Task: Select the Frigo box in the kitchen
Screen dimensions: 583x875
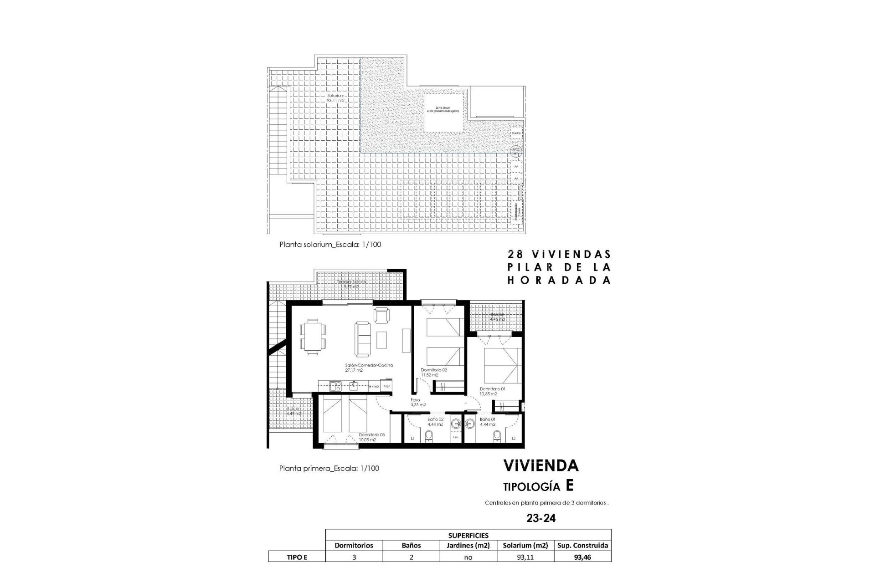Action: [387, 386]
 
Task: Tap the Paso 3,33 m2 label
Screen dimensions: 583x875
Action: [417, 402]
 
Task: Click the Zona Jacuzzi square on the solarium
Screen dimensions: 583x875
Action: [444, 113]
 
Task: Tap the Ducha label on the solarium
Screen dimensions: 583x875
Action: [516, 133]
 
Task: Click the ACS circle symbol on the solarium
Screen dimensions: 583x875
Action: [516, 151]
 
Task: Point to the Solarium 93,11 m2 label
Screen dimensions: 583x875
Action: [335, 97]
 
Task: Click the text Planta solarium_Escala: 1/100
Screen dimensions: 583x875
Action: [330, 245]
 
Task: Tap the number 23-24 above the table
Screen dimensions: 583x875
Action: [541, 518]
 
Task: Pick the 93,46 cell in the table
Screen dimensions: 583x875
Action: [582, 557]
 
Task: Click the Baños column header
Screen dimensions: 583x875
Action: [411, 545]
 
